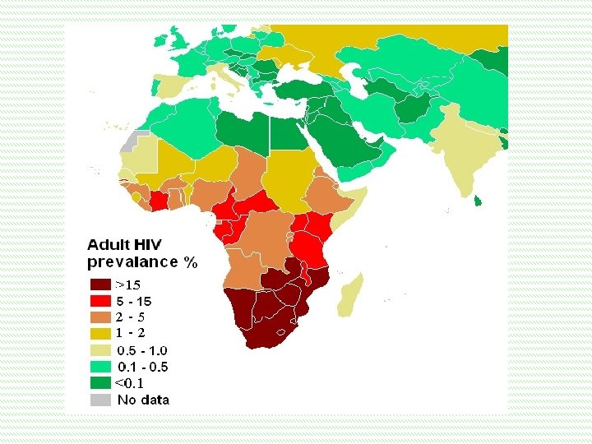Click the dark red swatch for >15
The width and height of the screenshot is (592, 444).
point(99,284)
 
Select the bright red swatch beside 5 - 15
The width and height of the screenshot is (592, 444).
point(99,301)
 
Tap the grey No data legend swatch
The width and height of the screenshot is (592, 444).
point(99,400)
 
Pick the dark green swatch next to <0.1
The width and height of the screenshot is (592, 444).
point(99,383)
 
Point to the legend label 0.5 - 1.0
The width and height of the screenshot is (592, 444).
point(141,350)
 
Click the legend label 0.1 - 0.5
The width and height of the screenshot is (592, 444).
point(141,367)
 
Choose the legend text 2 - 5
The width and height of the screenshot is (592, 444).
point(131,317)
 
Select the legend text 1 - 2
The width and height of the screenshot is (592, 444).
point(131,333)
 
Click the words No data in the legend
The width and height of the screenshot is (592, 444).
point(143,400)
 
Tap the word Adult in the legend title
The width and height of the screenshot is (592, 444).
point(108,245)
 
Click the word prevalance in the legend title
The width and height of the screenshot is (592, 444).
point(132,262)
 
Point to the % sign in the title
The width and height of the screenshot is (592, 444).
point(191,262)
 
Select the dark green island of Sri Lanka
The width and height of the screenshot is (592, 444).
point(477,200)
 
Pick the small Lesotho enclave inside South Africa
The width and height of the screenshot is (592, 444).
point(284,332)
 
